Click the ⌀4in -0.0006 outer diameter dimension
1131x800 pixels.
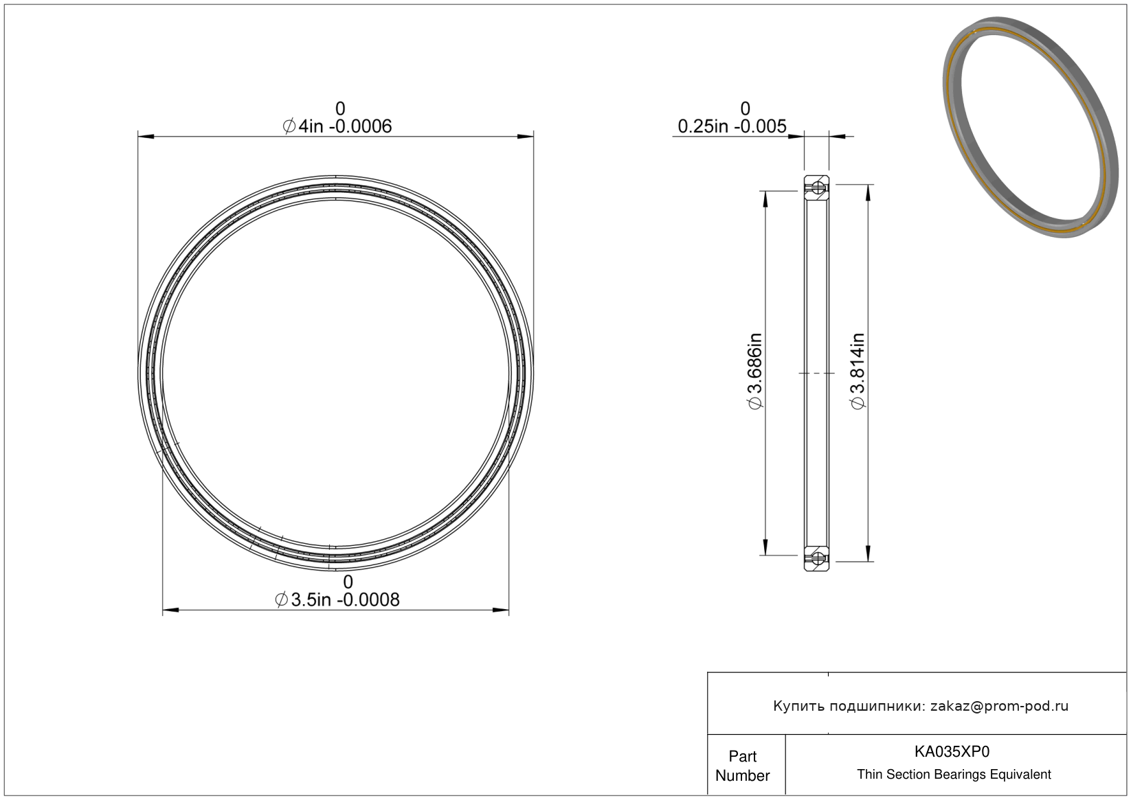click(x=337, y=126)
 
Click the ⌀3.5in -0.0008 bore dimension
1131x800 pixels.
click(x=337, y=599)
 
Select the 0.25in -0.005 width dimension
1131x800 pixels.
click(x=732, y=126)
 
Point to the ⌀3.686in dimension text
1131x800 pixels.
click(x=755, y=371)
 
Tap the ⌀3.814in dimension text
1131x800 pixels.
click(x=858, y=371)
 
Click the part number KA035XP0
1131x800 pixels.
click(x=952, y=751)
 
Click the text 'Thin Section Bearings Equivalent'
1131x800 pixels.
click(x=954, y=775)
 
